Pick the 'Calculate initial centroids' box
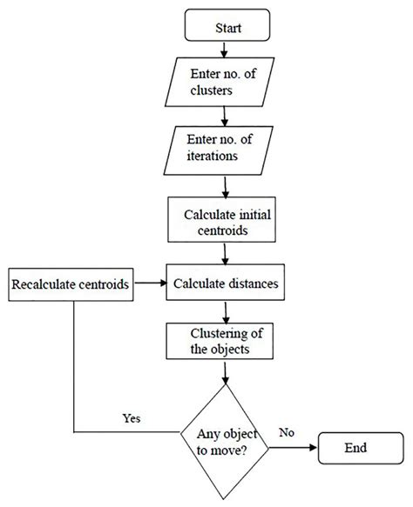pos(224,222)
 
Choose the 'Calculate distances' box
pos(225,284)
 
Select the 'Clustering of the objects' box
pos(224,342)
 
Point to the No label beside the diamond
pos(288,431)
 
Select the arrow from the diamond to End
pos(292,449)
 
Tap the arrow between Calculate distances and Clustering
pos(225,310)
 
